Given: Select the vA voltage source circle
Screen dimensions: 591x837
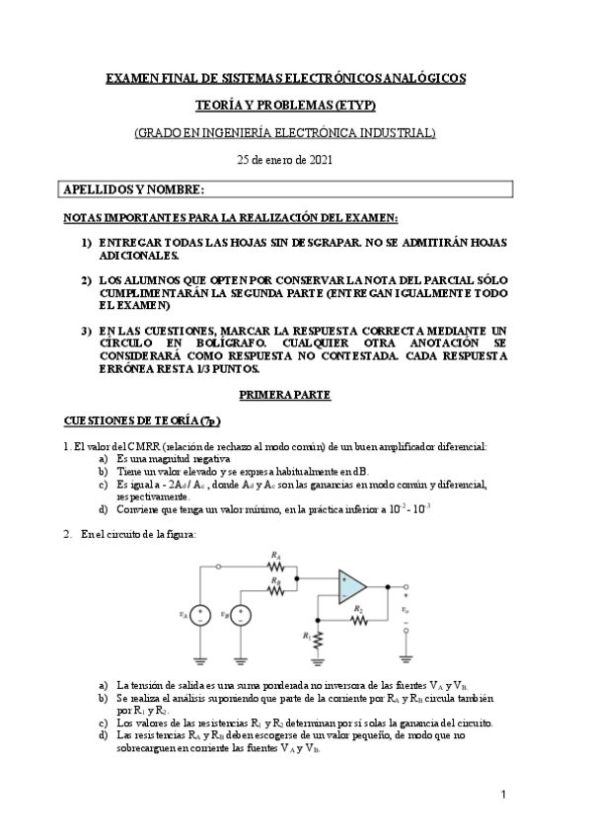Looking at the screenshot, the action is (199, 615).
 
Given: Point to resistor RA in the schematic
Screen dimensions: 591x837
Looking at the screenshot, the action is (274, 567).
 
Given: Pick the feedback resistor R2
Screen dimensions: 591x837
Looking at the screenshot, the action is (359, 621).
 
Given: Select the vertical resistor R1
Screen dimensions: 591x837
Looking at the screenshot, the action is (319, 638).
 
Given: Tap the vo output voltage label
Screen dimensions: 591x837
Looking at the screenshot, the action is (406, 611).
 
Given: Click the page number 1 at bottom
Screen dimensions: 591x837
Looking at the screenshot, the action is (502, 794).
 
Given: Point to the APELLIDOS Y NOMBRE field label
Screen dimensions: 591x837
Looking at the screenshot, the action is (133, 189).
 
